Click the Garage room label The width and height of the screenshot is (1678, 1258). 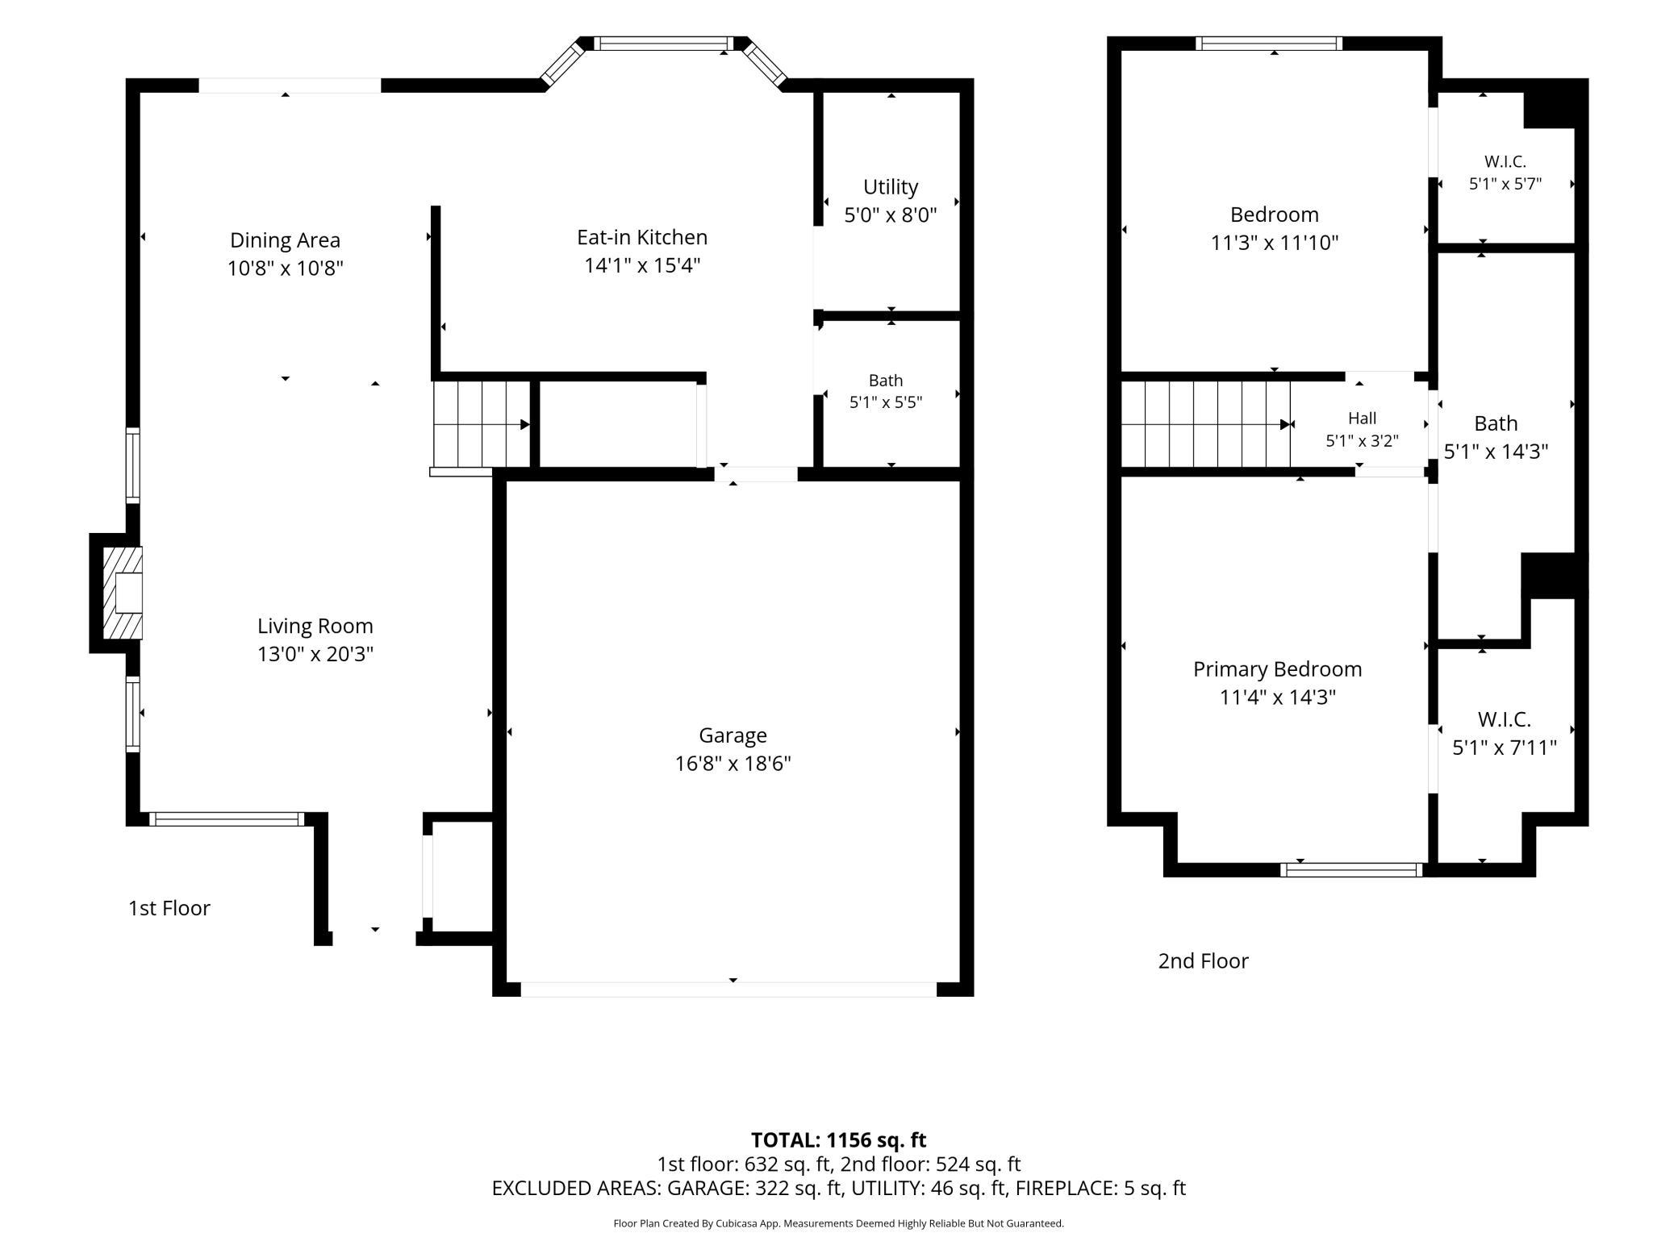click(733, 735)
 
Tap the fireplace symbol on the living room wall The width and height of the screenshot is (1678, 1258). click(123, 594)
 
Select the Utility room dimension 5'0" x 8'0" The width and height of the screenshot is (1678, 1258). click(891, 215)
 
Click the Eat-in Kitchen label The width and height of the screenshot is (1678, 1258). click(642, 237)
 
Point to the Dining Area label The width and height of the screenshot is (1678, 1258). click(286, 240)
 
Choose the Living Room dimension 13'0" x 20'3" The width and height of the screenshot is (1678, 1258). click(315, 654)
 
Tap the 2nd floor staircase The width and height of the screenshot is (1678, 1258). click(1207, 424)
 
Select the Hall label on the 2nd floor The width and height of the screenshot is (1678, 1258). click(1363, 418)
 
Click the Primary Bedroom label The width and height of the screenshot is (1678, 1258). click(1278, 669)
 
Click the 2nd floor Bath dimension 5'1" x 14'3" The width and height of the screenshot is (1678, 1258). click(1496, 452)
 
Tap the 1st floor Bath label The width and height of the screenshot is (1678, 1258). click(886, 381)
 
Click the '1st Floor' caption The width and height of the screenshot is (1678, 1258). click(169, 908)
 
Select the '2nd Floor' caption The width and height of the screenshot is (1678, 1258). click(1204, 961)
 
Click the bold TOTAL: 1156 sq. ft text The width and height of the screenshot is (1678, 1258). click(839, 1140)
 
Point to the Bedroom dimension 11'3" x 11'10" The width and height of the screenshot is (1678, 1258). click(1275, 243)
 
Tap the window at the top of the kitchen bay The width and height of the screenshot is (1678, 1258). click(665, 44)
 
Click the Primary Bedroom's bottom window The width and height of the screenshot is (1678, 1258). click(1351, 869)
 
